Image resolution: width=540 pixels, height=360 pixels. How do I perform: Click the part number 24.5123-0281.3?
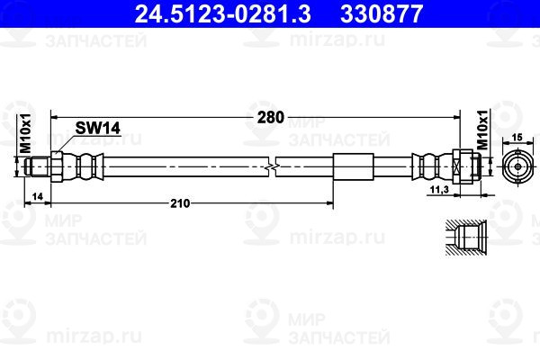pyautogui.click(x=223, y=14)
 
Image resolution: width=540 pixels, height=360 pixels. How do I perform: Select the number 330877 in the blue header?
pyautogui.click(x=382, y=14)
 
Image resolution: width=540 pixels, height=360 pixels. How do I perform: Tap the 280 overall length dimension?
pyautogui.click(x=271, y=118)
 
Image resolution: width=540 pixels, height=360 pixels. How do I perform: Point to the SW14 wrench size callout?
pyautogui.click(x=98, y=128)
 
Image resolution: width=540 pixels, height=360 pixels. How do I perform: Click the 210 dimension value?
pyautogui.click(x=180, y=203)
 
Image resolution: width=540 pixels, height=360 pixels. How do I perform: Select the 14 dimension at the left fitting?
pyautogui.click(x=38, y=196)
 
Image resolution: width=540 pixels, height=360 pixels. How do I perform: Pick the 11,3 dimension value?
pyautogui.click(x=440, y=189)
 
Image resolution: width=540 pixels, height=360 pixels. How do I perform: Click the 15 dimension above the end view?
pyautogui.click(x=517, y=138)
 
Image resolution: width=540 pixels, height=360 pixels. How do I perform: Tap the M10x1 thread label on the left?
pyautogui.click(x=25, y=133)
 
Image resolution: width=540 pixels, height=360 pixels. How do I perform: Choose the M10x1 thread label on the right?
pyautogui.click(x=482, y=130)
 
